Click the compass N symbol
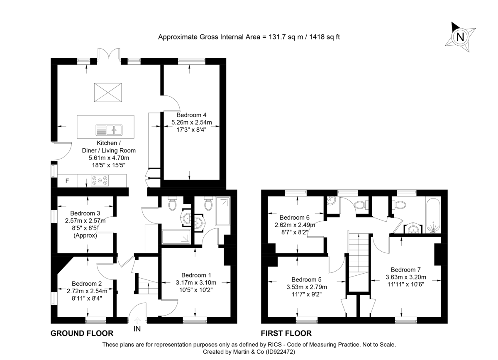pos(460,37)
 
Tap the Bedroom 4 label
pos(191,115)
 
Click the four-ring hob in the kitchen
pos(100,181)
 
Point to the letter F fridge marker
pos(67,181)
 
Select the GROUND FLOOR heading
pos(82,333)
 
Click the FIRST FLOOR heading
pos(286,333)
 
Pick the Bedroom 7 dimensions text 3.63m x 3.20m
pos(405,277)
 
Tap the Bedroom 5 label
pos(307,279)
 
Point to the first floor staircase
pos(358,253)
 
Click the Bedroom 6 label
pos(294,218)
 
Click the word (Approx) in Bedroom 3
pos(85,235)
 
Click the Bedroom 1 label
pos(196,275)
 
